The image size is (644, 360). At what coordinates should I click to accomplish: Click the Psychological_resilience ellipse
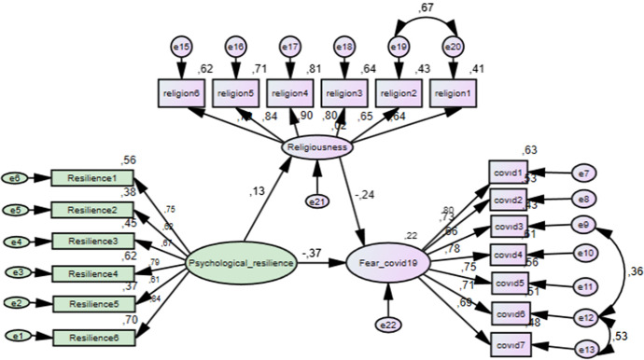pyautogui.click(x=242, y=264)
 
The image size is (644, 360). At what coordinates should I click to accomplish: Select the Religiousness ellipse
pyautogui.click(x=317, y=146)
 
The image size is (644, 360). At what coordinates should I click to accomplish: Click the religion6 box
pyautogui.click(x=181, y=92)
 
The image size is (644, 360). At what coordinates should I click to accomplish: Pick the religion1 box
pyautogui.click(x=454, y=92)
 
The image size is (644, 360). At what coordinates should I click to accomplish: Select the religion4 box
pyautogui.click(x=290, y=92)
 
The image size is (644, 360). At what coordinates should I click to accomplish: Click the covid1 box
pyautogui.click(x=511, y=173)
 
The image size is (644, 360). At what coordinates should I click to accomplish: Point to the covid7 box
pyautogui.click(x=511, y=343)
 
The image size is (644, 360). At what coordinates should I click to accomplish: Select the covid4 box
pyautogui.click(x=511, y=255)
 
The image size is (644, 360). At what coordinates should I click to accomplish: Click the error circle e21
pyautogui.click(x=317, y=201)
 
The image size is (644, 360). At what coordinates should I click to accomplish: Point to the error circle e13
pyautogui.click(x=586, y=348)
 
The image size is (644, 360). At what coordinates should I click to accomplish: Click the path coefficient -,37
pyautogui.click(x=313, y=254)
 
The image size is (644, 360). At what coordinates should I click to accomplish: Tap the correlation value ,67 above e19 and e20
pyautogui.click(x=427, y=8)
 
